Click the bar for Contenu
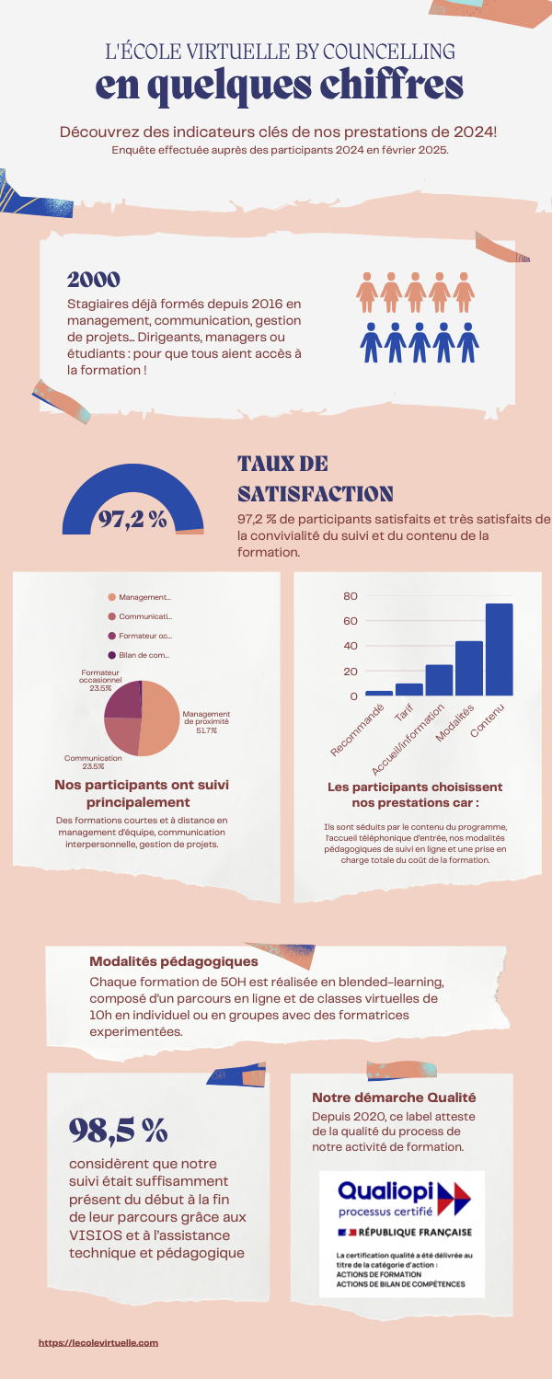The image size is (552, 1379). coord(499,649)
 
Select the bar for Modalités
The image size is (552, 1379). coord(469,668)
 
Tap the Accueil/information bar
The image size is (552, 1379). coord(439,680)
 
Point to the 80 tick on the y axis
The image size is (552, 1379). coord(350,596)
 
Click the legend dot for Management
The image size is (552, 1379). coord(112,597)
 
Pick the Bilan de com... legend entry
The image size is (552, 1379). coord(144,655)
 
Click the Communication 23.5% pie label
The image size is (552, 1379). coord(93,762)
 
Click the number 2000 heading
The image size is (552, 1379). coord(94,279)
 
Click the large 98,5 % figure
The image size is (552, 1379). coord(118,1129)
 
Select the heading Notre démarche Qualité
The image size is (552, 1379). coord(394,1097)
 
